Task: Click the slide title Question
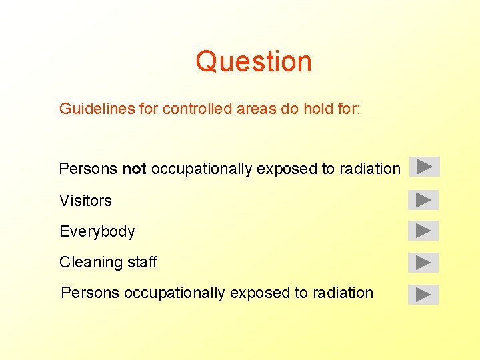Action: (x=253, y=61)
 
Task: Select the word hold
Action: (x=316, y=109)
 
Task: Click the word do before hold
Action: (x=289, y=109)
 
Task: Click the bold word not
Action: (x=134, y=169)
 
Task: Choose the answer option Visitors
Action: (x=85, y=201)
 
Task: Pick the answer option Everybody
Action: (x=97, y=231)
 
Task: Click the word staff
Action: (x=141, y=263)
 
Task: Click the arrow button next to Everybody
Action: (x=423, y=231)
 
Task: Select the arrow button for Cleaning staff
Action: (x=423, y=263)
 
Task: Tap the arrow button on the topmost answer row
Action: (x=425, y=166)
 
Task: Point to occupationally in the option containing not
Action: (x=201, y=169)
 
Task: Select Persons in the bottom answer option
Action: (x=90, y=293)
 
